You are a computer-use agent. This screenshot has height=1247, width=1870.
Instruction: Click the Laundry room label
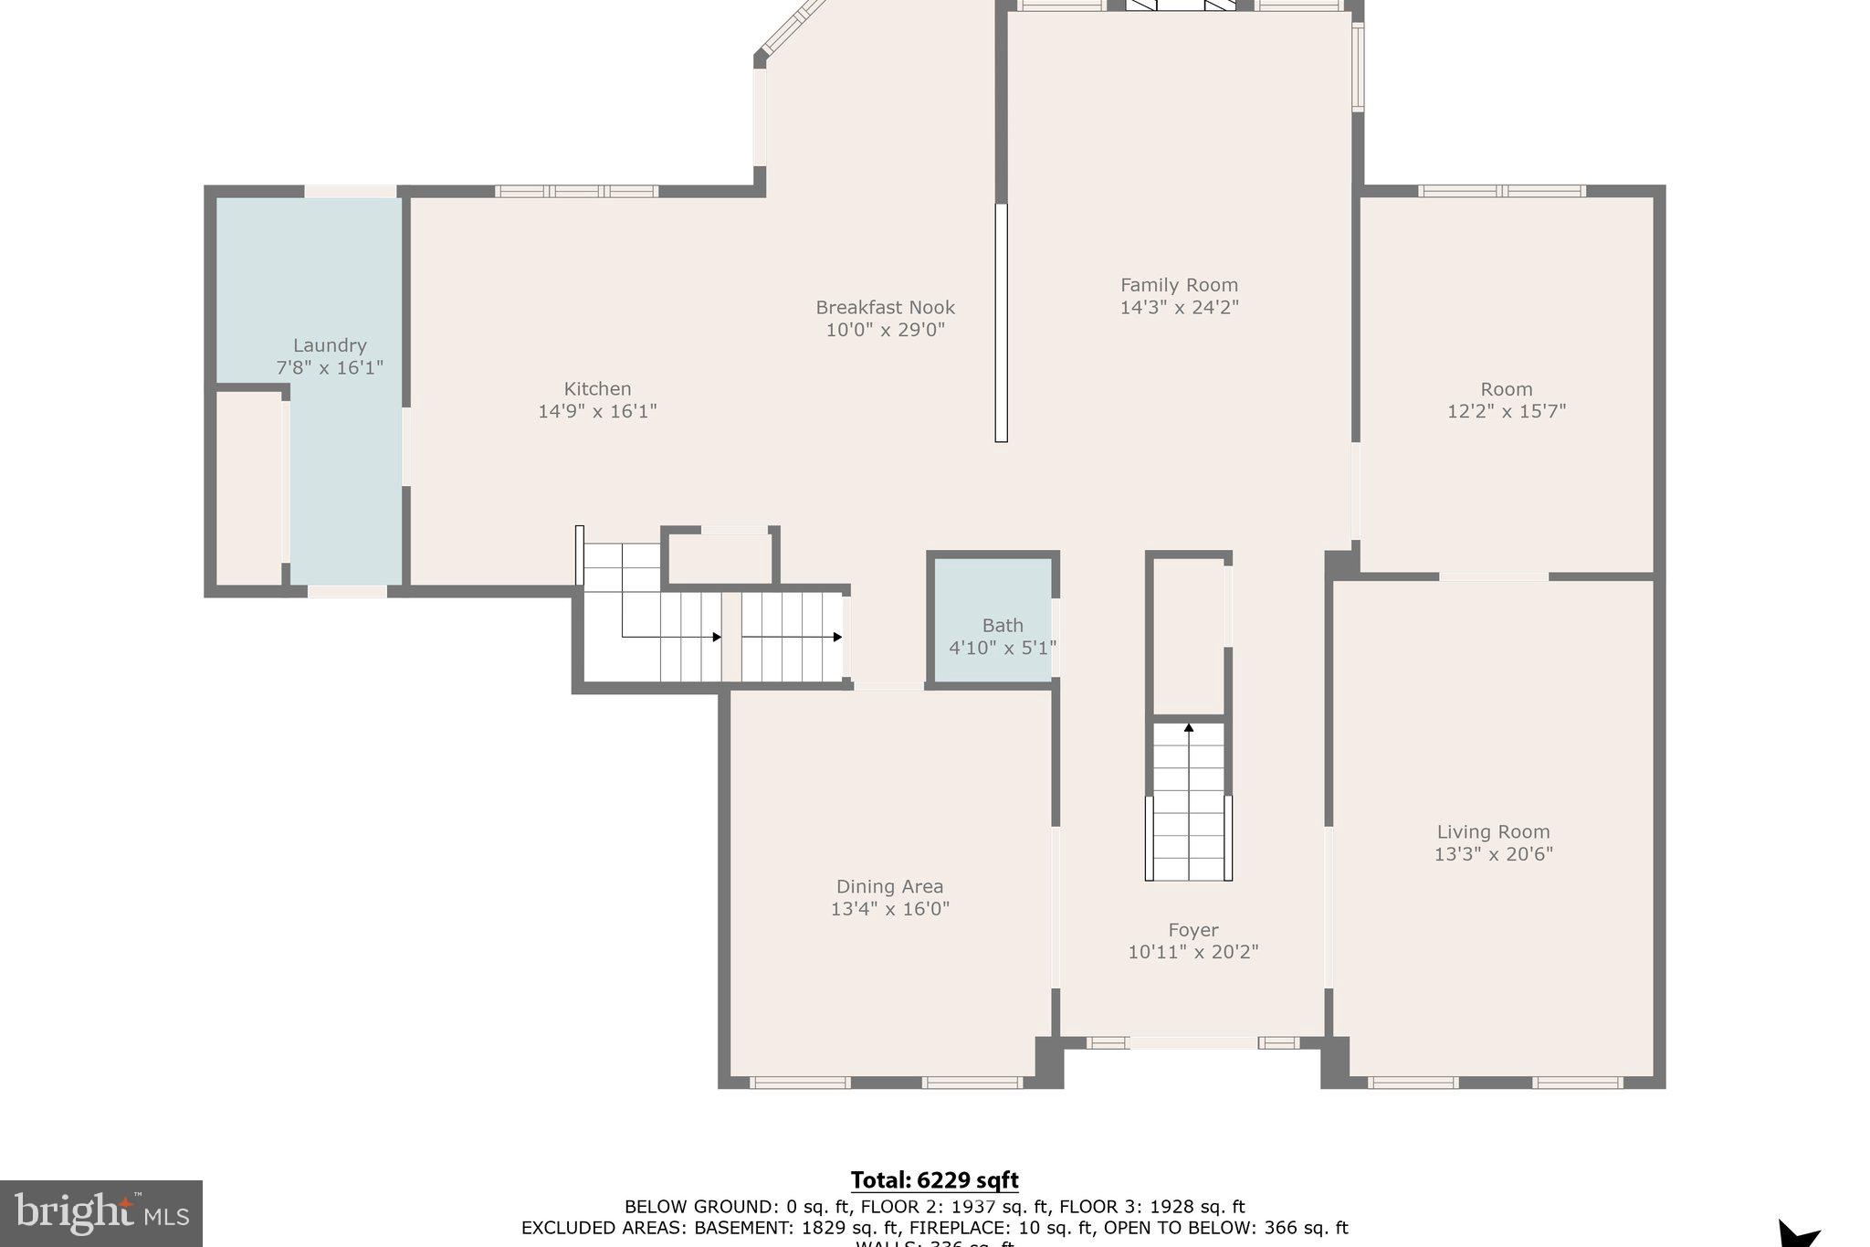330,345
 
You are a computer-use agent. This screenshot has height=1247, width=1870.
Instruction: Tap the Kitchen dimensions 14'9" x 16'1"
597,411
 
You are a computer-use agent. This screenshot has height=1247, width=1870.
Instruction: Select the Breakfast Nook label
885,307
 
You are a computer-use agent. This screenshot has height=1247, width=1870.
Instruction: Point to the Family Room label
1179,285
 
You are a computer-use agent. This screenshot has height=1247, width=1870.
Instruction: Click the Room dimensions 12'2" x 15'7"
1506,411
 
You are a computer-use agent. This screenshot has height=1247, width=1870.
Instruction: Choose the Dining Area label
889,886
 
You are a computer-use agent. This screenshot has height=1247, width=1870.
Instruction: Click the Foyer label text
1192,930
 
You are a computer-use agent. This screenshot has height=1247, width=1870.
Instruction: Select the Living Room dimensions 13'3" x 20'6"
1493,854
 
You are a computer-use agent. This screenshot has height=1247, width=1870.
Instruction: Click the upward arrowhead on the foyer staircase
1189,728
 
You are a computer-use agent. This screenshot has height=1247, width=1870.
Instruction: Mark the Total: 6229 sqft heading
934,1180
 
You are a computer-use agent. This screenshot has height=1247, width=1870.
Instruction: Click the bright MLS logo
100,1213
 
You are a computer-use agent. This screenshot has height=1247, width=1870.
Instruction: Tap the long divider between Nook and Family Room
1001,322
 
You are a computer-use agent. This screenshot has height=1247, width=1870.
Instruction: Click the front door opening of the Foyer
1192,1042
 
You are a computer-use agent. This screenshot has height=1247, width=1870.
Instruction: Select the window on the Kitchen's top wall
576,191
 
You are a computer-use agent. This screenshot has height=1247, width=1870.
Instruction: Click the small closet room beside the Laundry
248,489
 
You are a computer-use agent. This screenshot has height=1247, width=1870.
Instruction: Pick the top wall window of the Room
1501,191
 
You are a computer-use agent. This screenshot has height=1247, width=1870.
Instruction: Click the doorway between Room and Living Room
1493,576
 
